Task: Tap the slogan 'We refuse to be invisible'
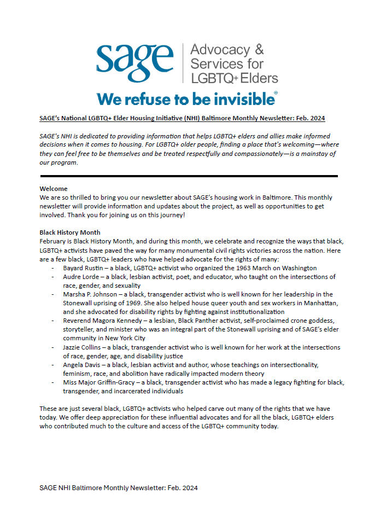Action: pyautogui.click(x=186, y=99)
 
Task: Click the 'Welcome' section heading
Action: pyautogui.click(x=54, y=189)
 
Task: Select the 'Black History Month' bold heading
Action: pyautogui.click(x=70, y=232)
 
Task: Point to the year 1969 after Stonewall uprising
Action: pyautogui.click(x=140, y=303)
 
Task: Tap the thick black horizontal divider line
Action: pyautogui.click(x=189, y=176)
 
